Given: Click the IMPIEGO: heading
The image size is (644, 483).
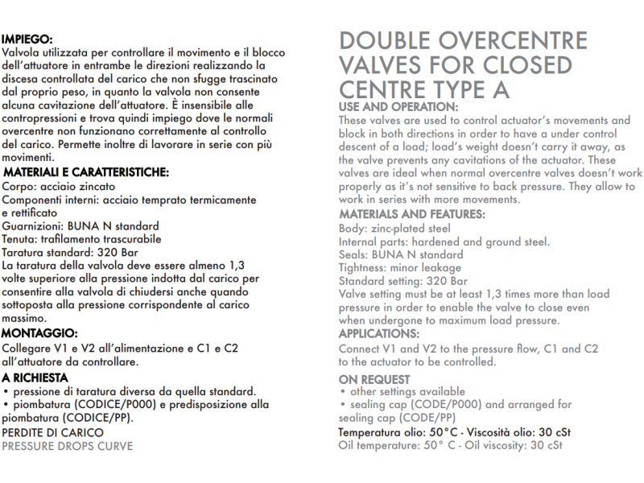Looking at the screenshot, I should pos(27,38).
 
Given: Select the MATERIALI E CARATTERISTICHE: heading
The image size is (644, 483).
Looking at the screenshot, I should pos(85,172).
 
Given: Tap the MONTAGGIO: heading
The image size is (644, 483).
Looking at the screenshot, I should pos(39,332).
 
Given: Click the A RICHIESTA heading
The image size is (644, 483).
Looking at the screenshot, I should pos(35,377).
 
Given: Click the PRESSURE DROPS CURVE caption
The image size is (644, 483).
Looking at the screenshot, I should pos(67,445).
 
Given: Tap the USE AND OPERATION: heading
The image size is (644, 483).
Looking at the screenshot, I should pos(398,107).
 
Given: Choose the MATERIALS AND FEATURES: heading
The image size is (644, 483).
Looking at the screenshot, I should pos(411,214).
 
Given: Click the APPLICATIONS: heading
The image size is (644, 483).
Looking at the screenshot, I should pos(378,333).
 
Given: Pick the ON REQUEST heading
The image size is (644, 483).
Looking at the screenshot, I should pos(374,379).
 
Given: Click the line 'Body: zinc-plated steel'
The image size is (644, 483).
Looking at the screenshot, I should pos(394,229).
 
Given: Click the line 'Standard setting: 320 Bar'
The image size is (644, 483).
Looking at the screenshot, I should pos(402,281).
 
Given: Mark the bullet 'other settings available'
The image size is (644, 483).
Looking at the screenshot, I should pos(394,392).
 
